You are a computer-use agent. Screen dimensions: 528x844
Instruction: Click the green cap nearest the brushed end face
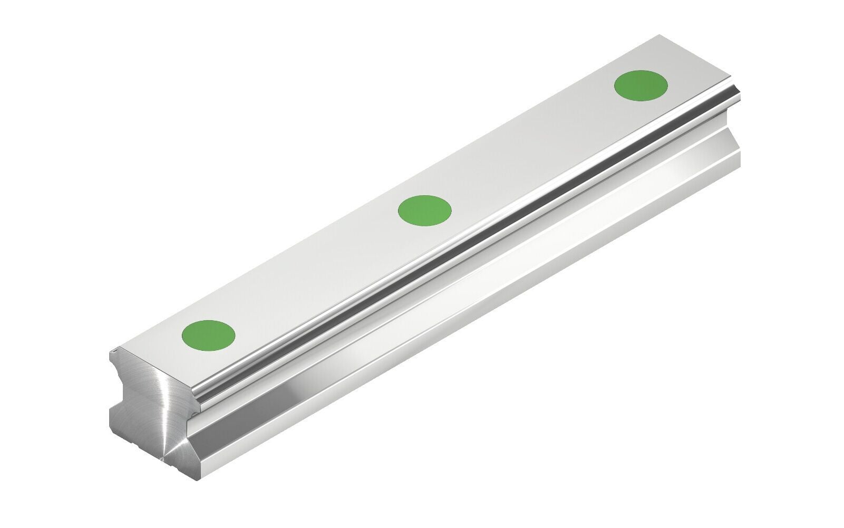[208, 334]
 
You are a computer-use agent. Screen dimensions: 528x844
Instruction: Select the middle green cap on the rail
[425, 210]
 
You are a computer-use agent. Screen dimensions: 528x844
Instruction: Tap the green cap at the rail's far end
[641, 85]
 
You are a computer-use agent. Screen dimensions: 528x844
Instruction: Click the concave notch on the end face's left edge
[118, 390]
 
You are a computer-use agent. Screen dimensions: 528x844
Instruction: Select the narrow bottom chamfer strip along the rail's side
[474, 338]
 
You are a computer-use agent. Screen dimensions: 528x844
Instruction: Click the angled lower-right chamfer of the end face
[185, 459]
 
